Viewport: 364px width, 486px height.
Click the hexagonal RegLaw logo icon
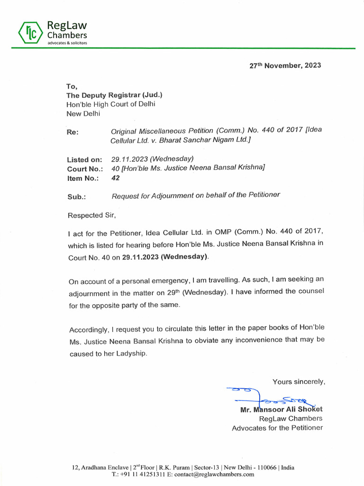point(31,32)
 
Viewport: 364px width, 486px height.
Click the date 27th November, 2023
point(285,65)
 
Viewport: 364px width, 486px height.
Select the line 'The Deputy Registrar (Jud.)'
point(114,95)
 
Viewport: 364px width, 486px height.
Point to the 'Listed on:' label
point(84,159)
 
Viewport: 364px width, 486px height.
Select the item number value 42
point(115,178)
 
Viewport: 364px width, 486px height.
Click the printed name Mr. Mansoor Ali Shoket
point(282,409)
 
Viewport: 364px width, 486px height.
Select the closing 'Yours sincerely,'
point(299,381)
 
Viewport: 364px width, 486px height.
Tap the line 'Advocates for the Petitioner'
point(277,428)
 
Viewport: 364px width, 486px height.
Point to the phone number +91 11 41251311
point(135,474)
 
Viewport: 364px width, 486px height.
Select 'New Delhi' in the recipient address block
point(83,113)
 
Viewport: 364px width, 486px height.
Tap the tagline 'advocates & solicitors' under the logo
point(66,43)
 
